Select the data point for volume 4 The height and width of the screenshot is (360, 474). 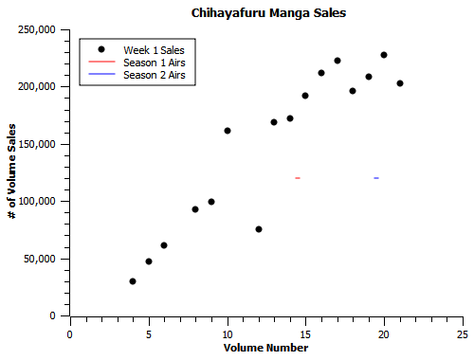coord(133,281)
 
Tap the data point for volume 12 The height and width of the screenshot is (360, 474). coord(259,229)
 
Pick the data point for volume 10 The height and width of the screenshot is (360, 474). coord(228,131)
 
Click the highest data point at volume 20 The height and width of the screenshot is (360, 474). coord(384,55)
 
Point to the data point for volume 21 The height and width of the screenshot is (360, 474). coord(400,83)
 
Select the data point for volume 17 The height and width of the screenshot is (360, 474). coord(337,61)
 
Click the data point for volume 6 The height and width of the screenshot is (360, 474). coord(164,245)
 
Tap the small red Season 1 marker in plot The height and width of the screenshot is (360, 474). coord(298,178)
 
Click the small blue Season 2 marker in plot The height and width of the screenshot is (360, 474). coord(376,178)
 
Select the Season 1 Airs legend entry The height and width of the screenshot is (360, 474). coord(154,62)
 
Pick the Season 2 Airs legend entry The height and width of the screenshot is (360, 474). coord(154,74)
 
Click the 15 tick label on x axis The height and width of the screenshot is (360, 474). coord(305,334)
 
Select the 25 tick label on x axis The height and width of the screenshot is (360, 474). coord(462,334)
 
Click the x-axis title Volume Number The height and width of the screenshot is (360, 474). coord(265,348)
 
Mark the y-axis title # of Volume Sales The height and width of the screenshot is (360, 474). coord(11,171)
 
